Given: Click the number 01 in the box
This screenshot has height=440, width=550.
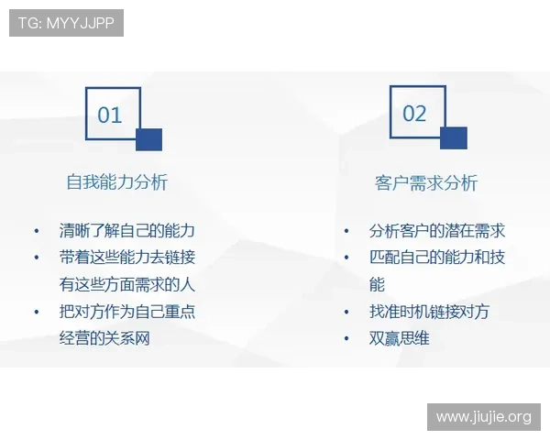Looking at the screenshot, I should point(110,115).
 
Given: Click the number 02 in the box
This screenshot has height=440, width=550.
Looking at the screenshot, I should point(414,114).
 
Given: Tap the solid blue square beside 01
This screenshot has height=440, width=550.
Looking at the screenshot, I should point(148,139).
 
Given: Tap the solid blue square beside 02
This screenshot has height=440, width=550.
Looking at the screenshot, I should point(453,138).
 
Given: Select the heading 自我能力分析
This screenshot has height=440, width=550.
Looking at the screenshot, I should point(116,181).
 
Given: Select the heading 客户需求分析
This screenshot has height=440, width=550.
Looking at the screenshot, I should point(426,182).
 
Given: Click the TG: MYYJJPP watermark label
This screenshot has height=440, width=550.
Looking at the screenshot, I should point(66,23).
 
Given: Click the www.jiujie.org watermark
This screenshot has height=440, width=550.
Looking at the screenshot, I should point(483,417).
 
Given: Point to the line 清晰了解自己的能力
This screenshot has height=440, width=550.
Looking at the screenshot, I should point(127,230).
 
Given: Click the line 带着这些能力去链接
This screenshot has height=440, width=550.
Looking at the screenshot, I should point(127,258).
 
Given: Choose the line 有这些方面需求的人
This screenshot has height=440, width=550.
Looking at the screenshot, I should point(127,284).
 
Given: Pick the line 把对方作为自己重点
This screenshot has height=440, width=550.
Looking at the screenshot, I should point(127,312).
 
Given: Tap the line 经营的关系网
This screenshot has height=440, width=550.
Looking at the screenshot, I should point(104,338).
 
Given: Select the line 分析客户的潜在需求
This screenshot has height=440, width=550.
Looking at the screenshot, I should point(437,231).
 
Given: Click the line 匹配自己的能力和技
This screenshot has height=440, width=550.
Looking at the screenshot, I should point(437,258).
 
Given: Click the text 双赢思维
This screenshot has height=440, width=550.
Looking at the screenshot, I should point(400,338).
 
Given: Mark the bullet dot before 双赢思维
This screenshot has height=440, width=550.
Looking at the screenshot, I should point(346,339).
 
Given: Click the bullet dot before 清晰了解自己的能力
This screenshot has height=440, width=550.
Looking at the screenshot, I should point(37,231).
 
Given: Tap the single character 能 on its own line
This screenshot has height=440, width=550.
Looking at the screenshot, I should point(377,284).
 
